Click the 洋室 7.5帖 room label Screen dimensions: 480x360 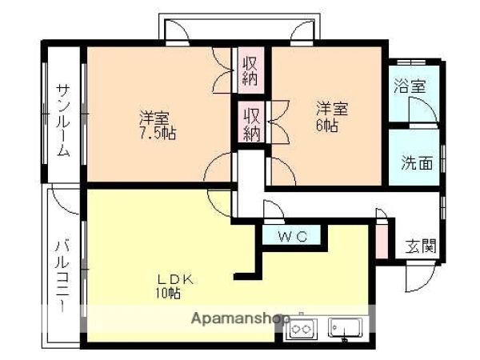pyautogui.click(x=158, y=125)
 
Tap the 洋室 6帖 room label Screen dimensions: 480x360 pyautogui.click(x=333, y=117)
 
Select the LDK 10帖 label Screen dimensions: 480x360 pyautogui.click(x=175, y=286)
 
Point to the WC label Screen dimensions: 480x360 pyautogui.click(x=292, y=236)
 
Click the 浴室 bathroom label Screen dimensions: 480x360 pyautogui.click(x=410, y=86)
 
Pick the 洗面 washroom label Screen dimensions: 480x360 pyautogui.click(x=417, y=162)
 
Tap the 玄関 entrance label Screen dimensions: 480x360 pyautogui.click(x=421, y=246)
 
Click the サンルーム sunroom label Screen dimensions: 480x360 pyautogui.click(x=64, y=121)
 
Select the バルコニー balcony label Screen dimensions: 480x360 pyautogui.click(x=62, y=276)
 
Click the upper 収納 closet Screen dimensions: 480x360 pyautogui.click(x=250, y=70)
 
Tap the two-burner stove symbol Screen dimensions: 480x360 pyautogui.click(x=302, y=329)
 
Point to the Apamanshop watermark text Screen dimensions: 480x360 pyautogui.click(x=240, y=318)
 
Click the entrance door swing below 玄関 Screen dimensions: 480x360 pyautogui.click(x=420, y=276)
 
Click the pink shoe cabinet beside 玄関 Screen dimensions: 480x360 pyautogui.click(x=382, y=242)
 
